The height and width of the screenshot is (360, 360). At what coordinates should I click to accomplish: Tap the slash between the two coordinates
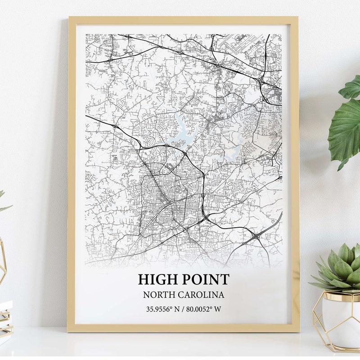point(183,309)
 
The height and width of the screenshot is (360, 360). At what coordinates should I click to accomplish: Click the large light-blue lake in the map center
point(182,130)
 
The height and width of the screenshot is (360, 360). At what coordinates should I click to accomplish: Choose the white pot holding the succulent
point(341,317)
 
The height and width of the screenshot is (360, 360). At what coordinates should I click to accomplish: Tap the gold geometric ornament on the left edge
point(2,261)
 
